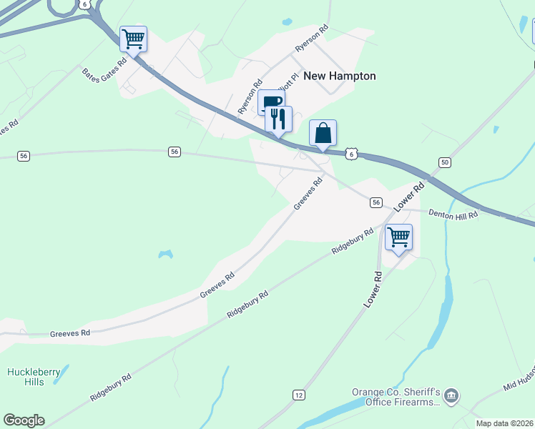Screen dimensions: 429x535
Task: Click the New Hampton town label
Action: [x=340, y=76]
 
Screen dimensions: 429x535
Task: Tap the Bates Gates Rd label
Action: [x=104, y=69]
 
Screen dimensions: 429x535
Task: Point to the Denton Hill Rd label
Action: [x=453, y=214]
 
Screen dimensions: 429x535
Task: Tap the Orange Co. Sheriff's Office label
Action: [x=394, y=397]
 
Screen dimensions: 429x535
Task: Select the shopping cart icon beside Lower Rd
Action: [x=398, y=237]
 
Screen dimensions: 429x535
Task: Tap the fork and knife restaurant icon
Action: [x=278, y=118]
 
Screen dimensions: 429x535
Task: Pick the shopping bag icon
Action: [x=323, y=132]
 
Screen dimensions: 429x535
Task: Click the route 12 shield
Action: [x=299, y=395]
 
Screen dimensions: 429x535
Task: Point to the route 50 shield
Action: [x=445, y=163]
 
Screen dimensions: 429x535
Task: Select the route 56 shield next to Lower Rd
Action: [x=376, y=203]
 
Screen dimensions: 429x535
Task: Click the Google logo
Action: [x=24, y=420]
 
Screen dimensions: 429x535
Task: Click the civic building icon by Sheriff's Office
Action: [x=451, y=395]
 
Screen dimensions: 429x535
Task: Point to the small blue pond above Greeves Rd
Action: [x=165, y=254]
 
